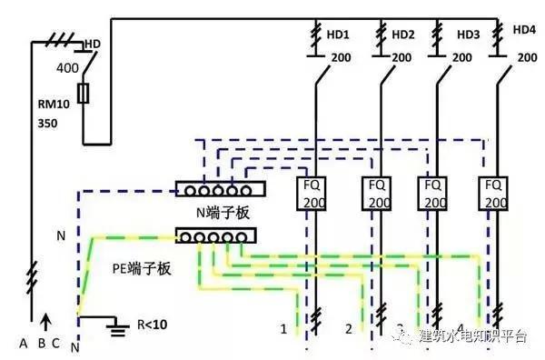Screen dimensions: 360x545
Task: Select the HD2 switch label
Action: (x=403, y=35)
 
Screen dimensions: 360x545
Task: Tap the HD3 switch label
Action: (x=469, y=35)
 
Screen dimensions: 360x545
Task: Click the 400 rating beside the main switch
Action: (x=67, y=68)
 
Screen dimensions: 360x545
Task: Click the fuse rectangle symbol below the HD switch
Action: (x=84, y=94)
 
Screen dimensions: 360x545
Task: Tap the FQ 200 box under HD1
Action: (x=313, y=193)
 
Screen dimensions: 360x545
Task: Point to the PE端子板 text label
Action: (x=143, y=269)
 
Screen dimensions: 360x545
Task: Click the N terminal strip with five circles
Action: (x=219, y=190)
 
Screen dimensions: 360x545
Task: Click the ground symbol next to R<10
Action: (x=115, y=323)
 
